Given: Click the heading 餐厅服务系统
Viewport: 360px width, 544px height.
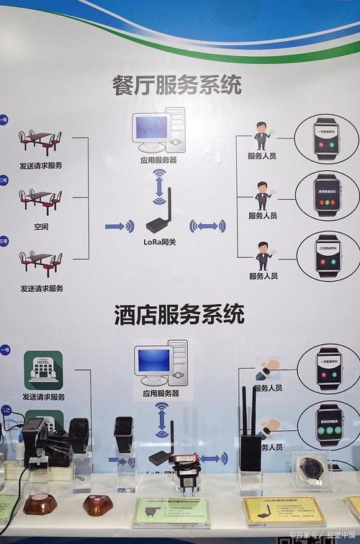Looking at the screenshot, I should [x=176, y=84].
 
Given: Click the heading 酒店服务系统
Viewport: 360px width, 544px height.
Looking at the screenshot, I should [x=179, y=314].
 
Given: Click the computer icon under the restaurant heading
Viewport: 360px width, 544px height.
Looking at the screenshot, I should [x=158, y=130].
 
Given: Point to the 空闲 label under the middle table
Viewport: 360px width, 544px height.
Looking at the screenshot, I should [x=40, y=226].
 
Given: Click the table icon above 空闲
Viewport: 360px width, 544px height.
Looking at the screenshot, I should [x=40, y=200].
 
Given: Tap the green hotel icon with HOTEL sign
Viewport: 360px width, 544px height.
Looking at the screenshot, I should [x=42, y=369].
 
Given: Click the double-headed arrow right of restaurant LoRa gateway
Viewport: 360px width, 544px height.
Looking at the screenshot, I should [x=207, y=226].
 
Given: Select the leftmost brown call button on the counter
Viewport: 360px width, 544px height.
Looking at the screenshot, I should [x=40, y=504].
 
